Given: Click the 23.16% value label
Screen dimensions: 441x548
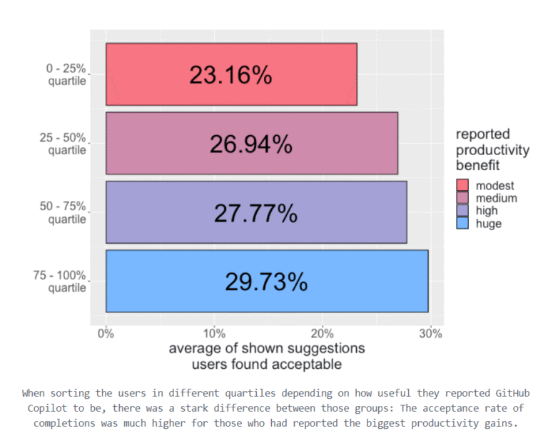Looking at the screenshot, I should [230, 75].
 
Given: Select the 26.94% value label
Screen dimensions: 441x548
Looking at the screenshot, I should [250, 144].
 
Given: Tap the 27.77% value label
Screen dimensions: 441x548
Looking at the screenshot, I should [255, 213].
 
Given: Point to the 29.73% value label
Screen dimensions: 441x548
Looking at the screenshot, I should [266, 282].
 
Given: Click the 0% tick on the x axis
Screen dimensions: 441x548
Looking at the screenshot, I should [106, 333].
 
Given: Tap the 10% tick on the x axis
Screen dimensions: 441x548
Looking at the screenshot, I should [214, 333].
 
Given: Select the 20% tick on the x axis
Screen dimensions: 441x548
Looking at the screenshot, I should [323, 333].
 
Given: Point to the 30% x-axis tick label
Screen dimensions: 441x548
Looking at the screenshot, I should [431, 333].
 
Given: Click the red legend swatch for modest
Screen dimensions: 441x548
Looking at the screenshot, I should [462, 186].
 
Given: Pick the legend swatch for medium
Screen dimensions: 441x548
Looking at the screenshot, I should [462, 198].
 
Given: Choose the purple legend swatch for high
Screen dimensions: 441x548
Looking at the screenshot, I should [462, 211].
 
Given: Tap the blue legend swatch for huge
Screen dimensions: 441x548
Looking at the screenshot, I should [462, 224].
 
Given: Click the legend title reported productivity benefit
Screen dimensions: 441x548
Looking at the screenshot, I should [492, 150].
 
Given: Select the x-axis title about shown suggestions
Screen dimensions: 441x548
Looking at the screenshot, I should [267, 356].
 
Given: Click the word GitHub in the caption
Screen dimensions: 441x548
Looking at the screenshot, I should [509, 393].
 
